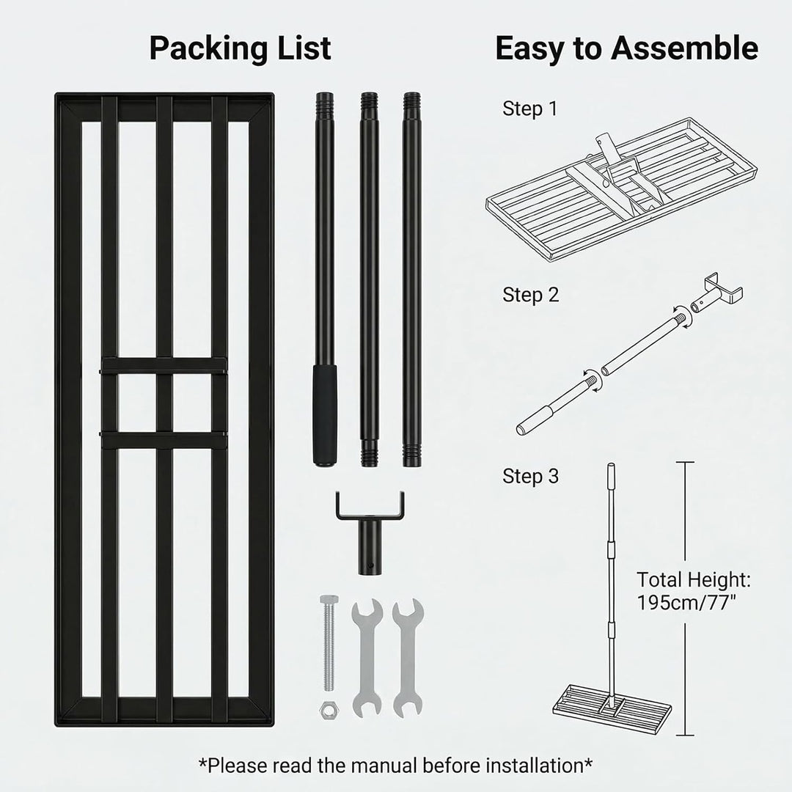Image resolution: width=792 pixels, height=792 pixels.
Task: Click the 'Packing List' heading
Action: point(240,49)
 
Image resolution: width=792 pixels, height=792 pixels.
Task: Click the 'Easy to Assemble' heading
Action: point(626,49)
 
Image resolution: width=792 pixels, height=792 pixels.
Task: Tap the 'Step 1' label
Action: point(530,109)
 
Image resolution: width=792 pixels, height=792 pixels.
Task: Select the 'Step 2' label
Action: point(530,295)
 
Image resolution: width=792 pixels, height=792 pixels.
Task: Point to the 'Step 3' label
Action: point(530,477)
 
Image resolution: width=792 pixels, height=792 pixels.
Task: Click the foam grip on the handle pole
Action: point(324,414)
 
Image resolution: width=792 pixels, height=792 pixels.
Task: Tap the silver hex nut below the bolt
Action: point(329,709)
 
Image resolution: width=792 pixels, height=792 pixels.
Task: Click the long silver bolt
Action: point(329,643)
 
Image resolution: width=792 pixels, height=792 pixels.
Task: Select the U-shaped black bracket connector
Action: point(370,532)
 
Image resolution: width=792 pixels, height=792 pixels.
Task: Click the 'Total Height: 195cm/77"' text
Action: point(694,591)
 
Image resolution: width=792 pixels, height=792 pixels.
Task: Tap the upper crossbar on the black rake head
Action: point(163,366)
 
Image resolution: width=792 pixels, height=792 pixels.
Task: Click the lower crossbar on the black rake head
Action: point(163,441)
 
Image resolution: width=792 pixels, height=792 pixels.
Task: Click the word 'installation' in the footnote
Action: point(535,766)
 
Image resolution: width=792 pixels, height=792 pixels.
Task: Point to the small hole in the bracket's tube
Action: point(371,565)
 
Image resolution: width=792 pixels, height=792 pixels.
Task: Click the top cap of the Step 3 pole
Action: point(611,466)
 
